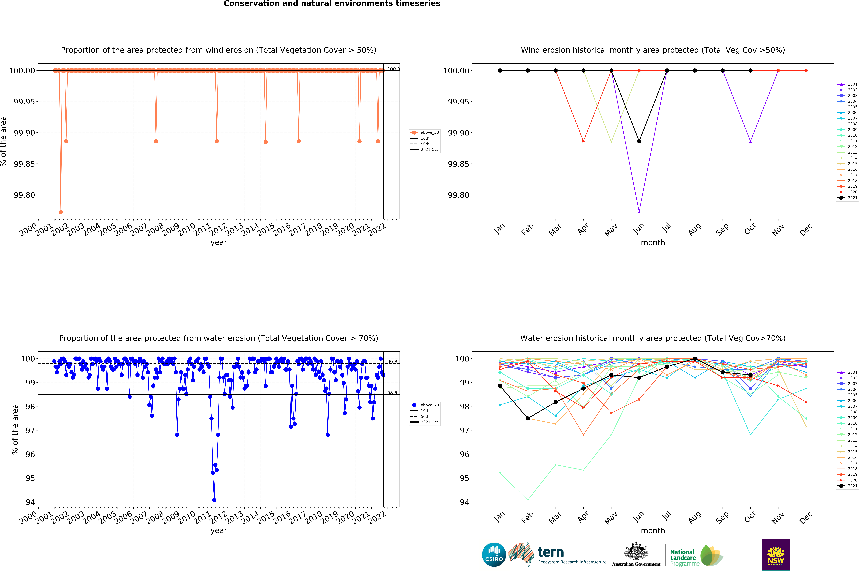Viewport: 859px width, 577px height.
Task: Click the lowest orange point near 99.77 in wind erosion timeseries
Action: click(61, 212)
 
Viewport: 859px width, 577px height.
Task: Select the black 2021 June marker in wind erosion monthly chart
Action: click(639, 141)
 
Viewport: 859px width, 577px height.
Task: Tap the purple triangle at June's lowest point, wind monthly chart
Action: click(639, 212)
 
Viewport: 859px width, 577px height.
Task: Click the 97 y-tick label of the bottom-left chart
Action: click(30, 431)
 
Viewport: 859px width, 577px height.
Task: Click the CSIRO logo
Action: click(494, 555)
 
